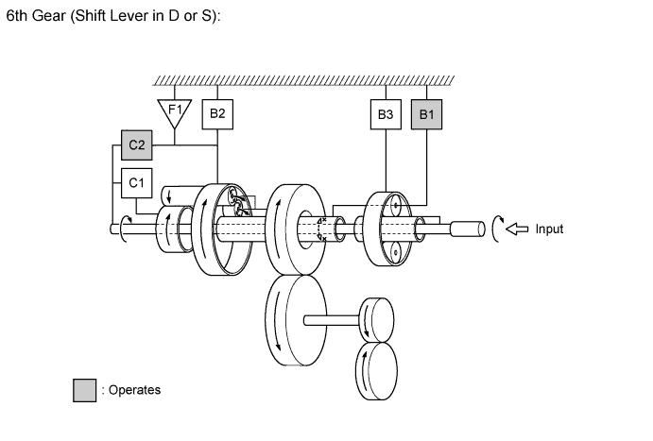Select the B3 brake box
coord(385,114)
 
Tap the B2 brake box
coord(217,114)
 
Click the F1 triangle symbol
coord(174,112)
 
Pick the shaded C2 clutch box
coord(136,145)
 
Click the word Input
coord(549,229)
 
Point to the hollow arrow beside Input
coord(518,229)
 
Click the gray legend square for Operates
coord(84,390)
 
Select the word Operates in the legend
coord(134,390)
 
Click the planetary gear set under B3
coord(387,227)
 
